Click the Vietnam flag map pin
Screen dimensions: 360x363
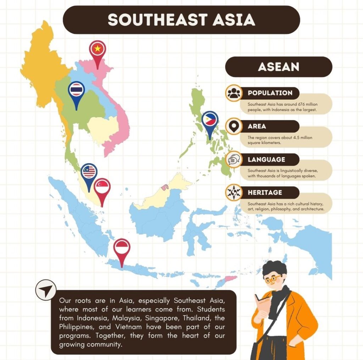pos(97,50)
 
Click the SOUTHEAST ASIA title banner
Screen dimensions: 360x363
pos(181,20)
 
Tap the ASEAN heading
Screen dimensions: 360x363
pos(279,67)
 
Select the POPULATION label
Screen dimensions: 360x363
pos(270,93)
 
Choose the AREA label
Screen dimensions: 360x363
pos(257,126)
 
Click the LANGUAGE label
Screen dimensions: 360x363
pos(267,160)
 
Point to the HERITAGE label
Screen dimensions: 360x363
pos(265,193)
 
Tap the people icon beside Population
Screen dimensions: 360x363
pos(234,93)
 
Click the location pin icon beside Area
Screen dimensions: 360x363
pos(234,126)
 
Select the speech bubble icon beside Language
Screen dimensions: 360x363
pos(234,160)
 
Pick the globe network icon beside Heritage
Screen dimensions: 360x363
pos(234,193)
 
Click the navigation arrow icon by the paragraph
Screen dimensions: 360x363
pos(46,290)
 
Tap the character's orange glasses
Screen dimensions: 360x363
pos(273,279)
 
